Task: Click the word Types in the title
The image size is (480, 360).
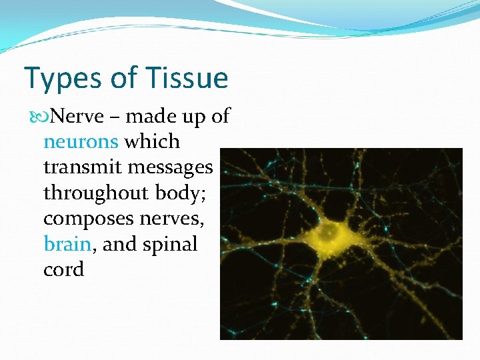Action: coord(59,79)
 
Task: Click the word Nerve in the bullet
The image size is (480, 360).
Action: coord(77,117)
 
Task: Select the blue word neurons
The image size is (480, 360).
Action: coord(81,142)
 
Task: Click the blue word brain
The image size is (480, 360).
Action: coord(67,244)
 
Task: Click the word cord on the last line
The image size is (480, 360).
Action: coord(63,269)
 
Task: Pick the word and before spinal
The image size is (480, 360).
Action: coord(120,244)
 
